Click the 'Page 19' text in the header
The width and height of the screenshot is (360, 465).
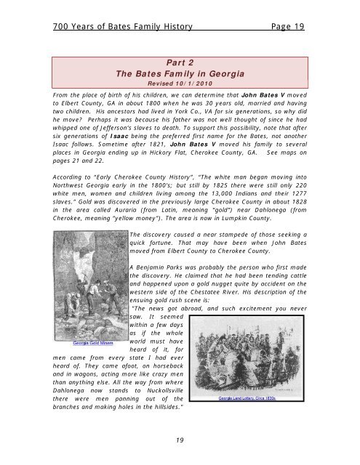coord(284,27)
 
